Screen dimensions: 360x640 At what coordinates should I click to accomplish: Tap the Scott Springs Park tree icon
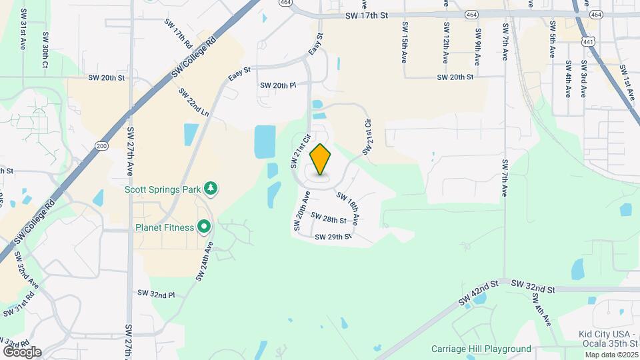211,189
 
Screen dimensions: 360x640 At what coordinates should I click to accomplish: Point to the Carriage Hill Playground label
481,349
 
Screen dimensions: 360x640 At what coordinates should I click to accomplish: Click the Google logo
21,351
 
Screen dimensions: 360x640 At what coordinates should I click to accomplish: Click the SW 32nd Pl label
156,293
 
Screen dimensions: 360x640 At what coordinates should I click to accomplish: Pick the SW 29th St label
333,237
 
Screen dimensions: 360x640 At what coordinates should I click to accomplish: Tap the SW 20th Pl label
277,85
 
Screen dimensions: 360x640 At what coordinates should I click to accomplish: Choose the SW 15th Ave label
404,42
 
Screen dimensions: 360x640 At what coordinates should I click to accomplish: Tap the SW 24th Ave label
205,261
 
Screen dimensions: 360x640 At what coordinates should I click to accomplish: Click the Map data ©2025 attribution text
610,355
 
